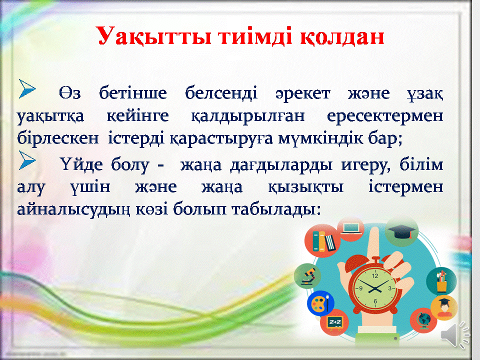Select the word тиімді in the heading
255,36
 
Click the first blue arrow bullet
27,89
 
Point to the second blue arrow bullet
27,160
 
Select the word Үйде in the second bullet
81,164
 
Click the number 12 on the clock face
375,276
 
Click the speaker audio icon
455,334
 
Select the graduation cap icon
401,231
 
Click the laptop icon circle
351,228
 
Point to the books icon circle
322,240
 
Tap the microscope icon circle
307,276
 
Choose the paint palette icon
320,303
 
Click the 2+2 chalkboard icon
334,321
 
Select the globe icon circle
423,320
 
